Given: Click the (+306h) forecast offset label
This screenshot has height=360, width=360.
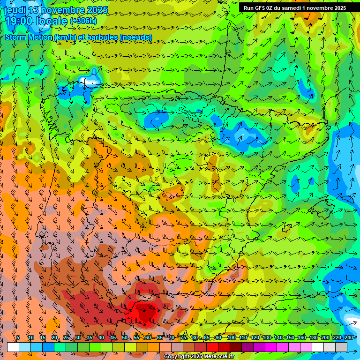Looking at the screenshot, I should (x=83, y=21).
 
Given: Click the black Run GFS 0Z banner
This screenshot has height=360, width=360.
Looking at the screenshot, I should (x=294, y=7).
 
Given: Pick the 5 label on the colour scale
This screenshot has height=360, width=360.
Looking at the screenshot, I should (x=18, y=337).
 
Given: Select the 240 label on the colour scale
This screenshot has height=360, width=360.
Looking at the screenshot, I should (x=348, y=337).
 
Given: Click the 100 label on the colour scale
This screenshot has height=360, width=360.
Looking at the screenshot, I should (x=231, y=337).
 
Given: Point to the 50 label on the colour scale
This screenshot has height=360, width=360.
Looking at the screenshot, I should (x=125, y=337).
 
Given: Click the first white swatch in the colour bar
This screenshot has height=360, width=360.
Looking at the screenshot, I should (x=13, y=347).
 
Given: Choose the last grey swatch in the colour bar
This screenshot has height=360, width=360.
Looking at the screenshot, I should (x=341, y=347).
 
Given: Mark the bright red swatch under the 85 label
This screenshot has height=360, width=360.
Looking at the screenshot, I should (x=212, y=347).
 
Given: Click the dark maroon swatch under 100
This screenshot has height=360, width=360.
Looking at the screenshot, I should (x=236, y=347).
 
